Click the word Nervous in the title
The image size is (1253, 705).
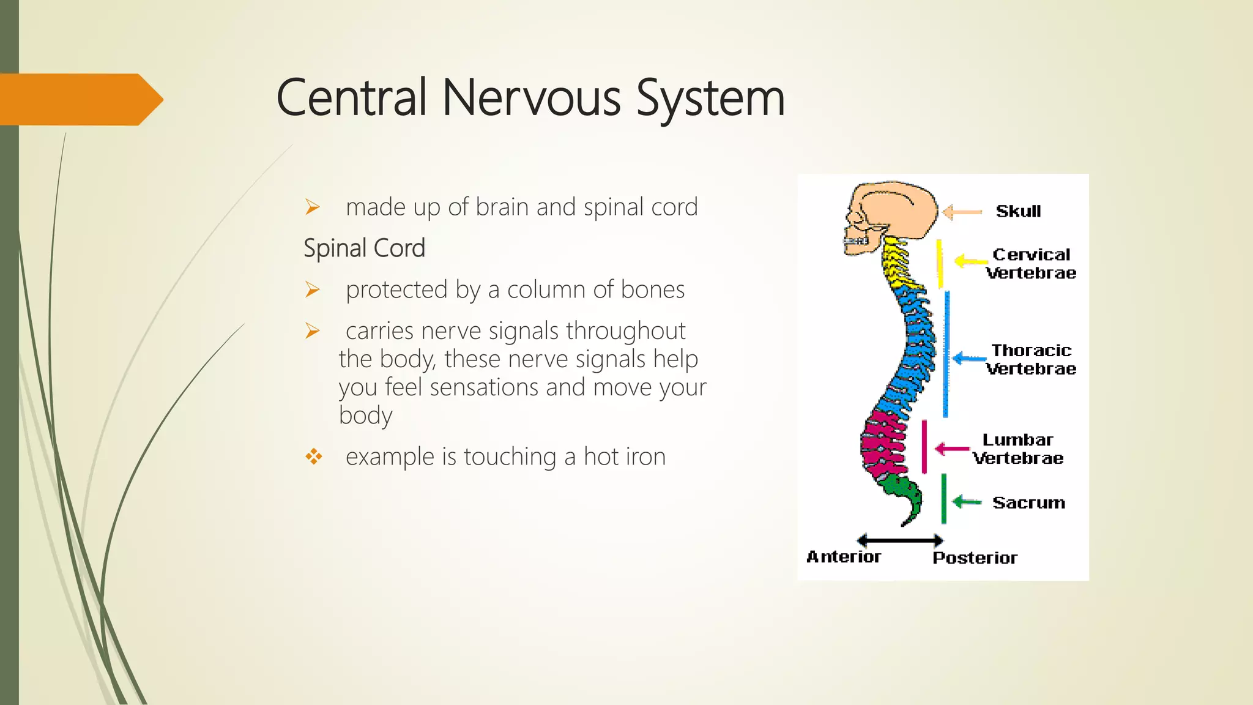point(530,98)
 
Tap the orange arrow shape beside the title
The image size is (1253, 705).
point(80,99)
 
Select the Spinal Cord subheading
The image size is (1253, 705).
point(364,248)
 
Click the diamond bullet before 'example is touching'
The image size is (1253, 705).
point(313,457)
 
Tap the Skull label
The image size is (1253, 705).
point(1018,211)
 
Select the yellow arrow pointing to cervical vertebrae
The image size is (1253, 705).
point(970,261)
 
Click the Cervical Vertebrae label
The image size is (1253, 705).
point(1031,264)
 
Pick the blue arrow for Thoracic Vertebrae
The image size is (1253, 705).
point(969,359)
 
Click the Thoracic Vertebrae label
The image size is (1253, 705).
point(1031,359)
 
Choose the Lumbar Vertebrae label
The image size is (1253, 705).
point(1018,449)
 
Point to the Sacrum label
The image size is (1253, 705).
point(1028,502)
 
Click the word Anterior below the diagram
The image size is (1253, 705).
point(844,557)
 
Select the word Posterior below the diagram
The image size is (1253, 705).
point(975,558)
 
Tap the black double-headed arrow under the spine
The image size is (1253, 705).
point(899,540)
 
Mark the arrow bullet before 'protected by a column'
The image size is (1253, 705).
point(313,289)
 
